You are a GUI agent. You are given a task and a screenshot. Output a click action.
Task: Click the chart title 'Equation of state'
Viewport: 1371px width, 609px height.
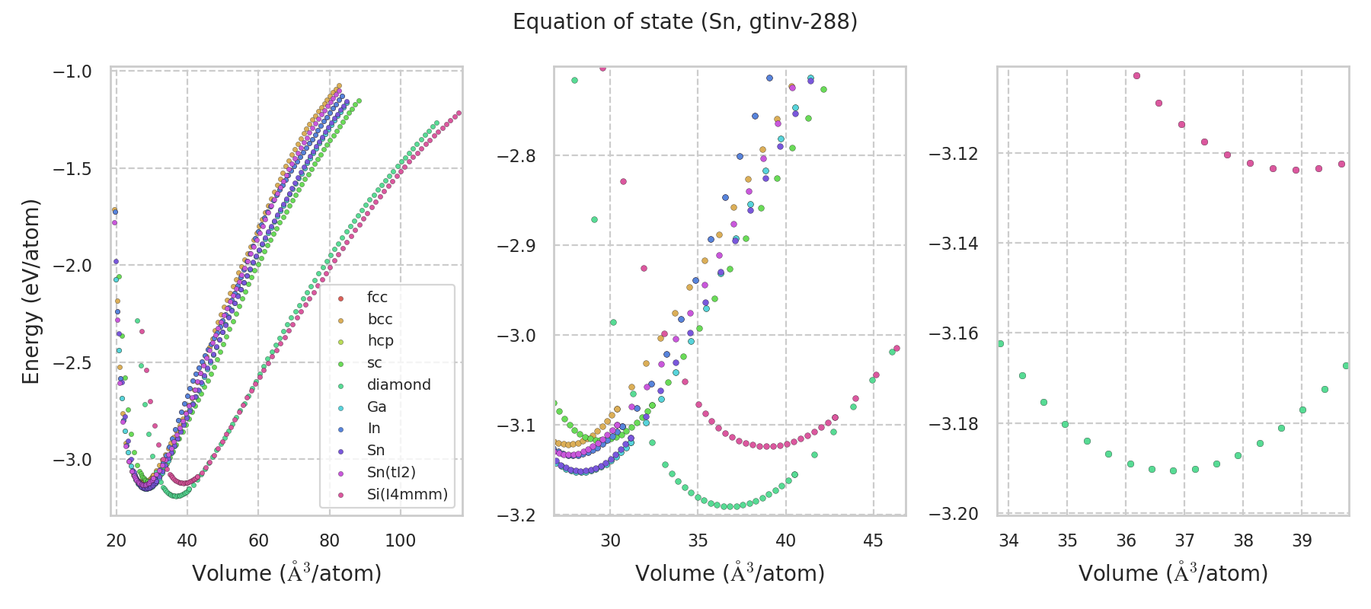685,22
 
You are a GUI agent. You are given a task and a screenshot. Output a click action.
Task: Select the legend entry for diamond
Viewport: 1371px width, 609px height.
398,385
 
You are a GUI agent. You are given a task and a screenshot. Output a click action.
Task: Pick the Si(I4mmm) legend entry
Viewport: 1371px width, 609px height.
407,495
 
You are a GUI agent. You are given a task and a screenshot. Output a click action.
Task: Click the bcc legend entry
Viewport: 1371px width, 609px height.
380,320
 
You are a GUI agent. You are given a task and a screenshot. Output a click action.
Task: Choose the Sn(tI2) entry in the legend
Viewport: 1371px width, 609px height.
391,473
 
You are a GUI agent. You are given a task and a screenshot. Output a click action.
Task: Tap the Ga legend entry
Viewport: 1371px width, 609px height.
376,407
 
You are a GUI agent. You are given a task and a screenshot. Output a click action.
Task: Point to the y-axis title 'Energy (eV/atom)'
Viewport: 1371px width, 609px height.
30,292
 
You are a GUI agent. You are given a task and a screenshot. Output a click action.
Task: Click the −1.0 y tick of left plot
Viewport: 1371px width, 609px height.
72,72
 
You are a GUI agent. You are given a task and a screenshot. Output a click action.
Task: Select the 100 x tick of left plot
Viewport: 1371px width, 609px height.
401,541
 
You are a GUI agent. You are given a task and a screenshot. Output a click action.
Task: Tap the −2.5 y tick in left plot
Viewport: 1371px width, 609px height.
72,363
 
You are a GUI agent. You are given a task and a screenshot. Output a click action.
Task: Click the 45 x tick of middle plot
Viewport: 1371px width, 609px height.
873,541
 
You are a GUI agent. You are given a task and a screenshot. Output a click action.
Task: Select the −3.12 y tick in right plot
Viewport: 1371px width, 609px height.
954,154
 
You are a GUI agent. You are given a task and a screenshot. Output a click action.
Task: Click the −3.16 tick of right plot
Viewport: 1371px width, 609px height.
954,333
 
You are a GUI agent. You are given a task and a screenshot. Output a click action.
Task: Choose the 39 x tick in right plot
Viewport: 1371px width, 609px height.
1302,541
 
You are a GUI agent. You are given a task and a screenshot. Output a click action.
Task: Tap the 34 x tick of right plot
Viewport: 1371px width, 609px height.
1008,541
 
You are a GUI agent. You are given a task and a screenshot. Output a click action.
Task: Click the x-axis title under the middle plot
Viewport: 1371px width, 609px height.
730,573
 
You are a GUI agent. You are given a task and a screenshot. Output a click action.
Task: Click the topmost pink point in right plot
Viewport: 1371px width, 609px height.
1136,75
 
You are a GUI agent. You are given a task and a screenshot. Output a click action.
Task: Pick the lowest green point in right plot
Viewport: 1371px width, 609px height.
1173,470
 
